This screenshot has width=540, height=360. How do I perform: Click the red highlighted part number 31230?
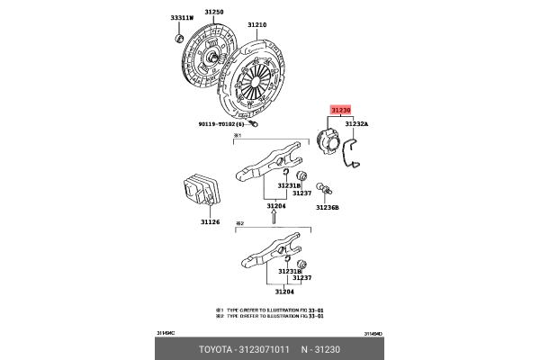point(341,109)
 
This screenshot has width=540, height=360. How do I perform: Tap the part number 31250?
point(212,12)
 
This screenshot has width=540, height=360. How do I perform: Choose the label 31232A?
point(355,124)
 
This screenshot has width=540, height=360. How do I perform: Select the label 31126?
point(211,222)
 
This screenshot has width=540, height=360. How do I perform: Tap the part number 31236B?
point(328,207)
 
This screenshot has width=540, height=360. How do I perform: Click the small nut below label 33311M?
point(177,38)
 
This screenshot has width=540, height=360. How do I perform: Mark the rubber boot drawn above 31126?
point(202,193)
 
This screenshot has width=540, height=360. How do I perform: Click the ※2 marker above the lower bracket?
point(239,222)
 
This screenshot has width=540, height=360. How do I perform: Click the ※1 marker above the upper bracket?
point(239,136)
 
